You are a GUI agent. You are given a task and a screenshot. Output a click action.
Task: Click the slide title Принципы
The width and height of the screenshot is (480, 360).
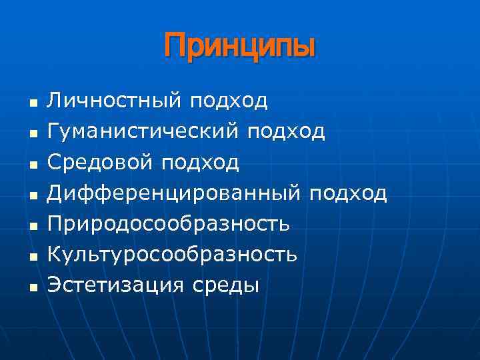[239, 47]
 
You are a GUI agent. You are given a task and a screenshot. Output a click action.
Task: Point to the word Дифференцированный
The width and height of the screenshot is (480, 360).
[175, 193]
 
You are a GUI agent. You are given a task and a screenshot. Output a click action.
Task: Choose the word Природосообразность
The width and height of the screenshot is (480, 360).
[168, 224]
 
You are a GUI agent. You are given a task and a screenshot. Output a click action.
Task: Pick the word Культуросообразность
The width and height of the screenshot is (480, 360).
[172, 255]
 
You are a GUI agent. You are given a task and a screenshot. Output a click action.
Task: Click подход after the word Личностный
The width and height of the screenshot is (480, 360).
[229, 101]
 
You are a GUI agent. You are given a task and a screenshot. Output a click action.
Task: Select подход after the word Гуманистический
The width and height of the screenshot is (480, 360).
[286, 131]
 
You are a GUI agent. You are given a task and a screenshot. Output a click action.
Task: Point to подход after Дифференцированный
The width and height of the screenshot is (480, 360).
[347, 193]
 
